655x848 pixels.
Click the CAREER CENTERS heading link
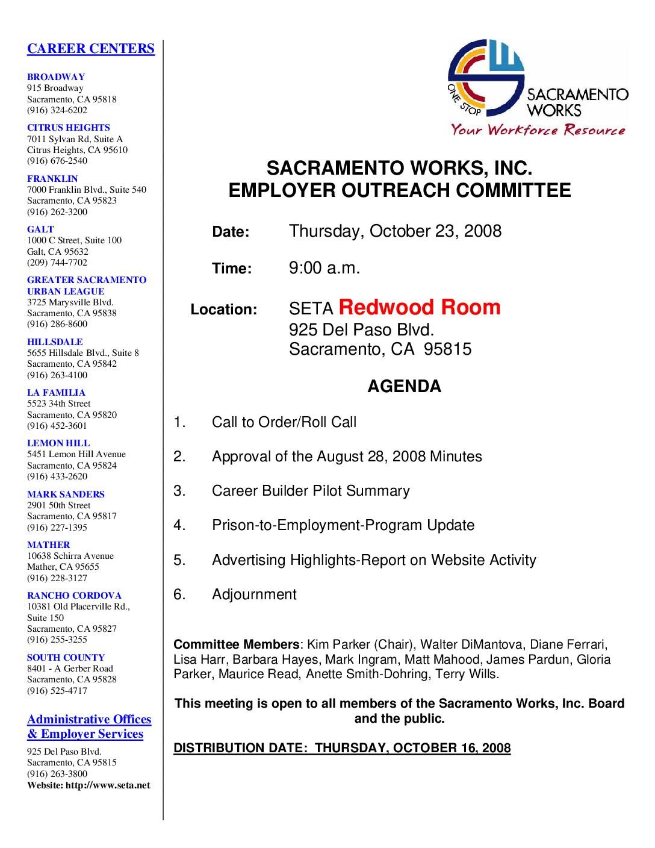point(91,49)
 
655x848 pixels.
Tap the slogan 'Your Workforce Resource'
point(538,129)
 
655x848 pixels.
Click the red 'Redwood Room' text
point(420,307)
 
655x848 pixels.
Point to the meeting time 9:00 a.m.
point(324,267)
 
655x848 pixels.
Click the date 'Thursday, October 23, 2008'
point(395,231)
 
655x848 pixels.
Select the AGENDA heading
point(404,386)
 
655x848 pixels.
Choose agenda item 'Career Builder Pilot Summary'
point(311,491)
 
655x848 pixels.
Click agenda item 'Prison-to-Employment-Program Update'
point(343,525)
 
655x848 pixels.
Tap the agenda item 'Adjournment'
point(254,594)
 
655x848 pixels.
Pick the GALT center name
point(40,229)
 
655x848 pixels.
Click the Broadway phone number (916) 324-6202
point(57,110)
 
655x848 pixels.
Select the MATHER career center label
point(49,545)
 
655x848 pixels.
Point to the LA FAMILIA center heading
point(56,393)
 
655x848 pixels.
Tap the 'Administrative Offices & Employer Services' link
point(88,727)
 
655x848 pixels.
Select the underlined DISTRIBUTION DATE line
point(342,748)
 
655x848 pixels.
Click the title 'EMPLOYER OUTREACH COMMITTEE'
point(400,191)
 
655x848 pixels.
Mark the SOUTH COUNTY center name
point(66,658)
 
